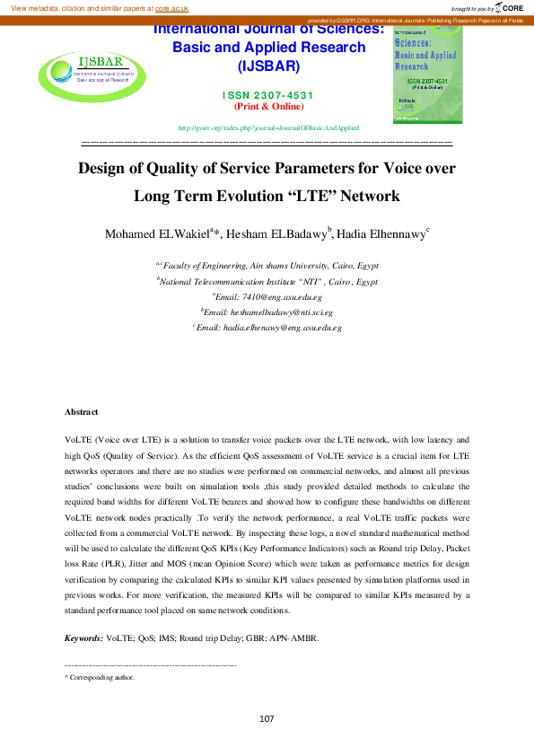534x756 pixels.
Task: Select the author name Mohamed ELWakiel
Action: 156,235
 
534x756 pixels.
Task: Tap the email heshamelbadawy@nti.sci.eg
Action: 269,312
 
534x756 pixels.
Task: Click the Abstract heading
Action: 81,411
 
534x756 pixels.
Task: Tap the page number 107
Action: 267,718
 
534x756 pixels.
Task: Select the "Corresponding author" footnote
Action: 102,678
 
